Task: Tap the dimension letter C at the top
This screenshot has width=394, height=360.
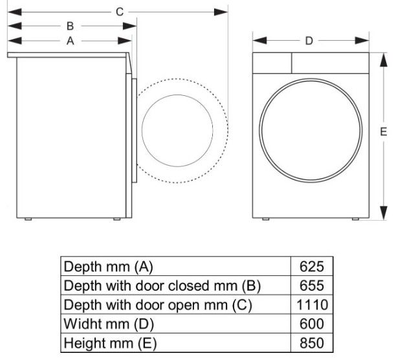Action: click(x=119, y=12)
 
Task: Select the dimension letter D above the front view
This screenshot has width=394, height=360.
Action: click(x=309, y=41)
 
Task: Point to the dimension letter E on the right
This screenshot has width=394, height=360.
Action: click(x=384, y=131)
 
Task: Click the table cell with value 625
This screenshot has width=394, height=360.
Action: click(x=312, y=265)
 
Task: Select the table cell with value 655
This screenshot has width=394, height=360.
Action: click(x=312, y=285)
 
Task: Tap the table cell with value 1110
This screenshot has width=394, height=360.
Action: click(x=312, y=304)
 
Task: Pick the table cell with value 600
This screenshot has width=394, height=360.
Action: click(x=312, y=323)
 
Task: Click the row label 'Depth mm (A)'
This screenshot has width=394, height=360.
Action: click(x=108, y=265)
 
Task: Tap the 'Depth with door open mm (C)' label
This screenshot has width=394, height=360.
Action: click(x=157, y=304)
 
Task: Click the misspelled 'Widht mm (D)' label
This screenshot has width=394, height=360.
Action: click(x=108, y=323)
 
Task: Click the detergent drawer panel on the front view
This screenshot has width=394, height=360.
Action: click(x=271, y=63)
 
